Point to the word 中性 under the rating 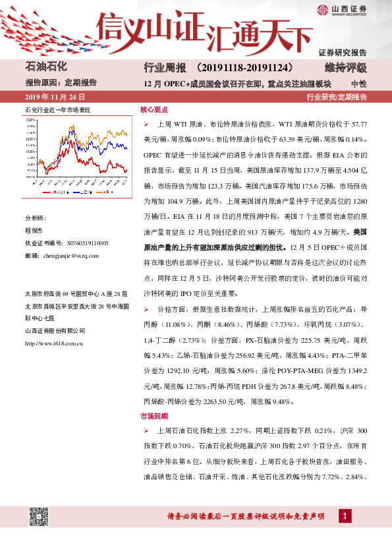(x=358, y=83)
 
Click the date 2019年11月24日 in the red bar (x=55, y=97)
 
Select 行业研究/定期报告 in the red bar (x=337, y=97)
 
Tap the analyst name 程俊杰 (x=34, y=231)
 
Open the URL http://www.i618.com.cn (x=53, y=343)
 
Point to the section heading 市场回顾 (x=154, y=416)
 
